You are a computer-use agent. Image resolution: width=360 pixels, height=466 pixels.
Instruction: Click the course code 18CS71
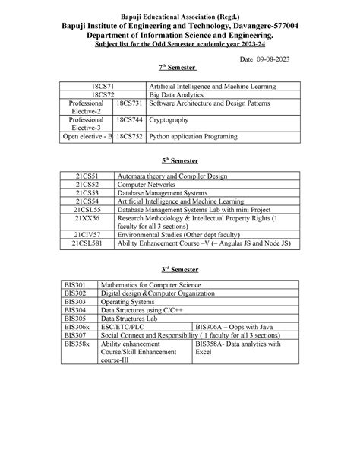[104, 88]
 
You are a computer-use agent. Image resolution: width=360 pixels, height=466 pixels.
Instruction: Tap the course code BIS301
[75, 284]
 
